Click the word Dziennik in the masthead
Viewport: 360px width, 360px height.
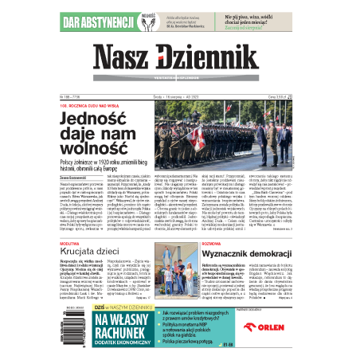point(209,57)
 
